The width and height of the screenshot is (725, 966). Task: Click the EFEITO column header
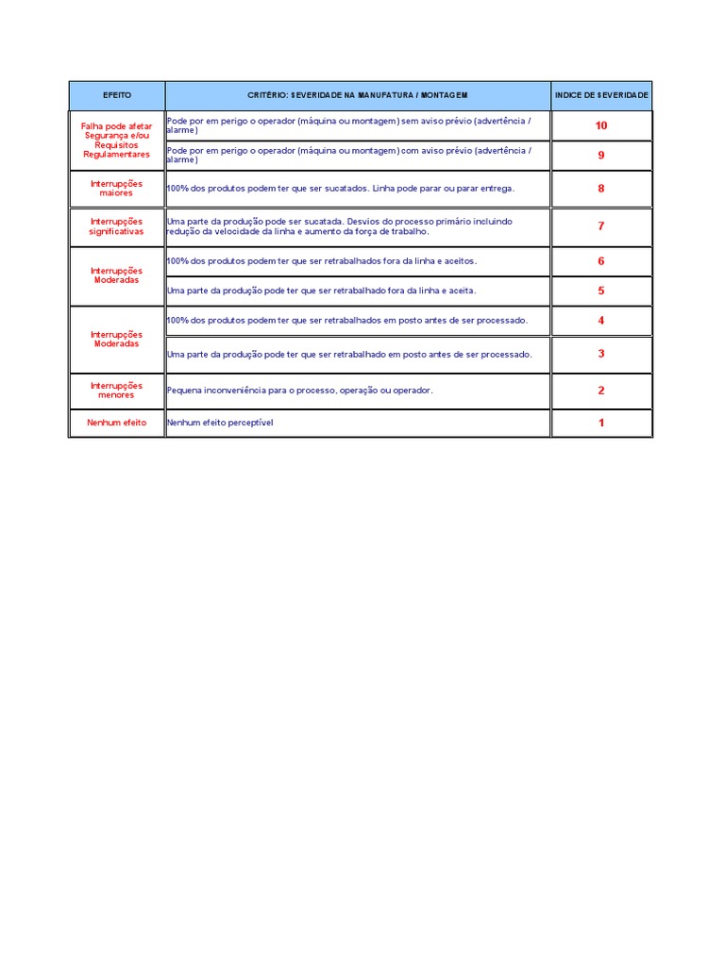point(117,95)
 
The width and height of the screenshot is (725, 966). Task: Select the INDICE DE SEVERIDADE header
point(601,95)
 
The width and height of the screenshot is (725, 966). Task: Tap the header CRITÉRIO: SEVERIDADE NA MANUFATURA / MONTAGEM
point(358,95)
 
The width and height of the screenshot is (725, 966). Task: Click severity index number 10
point(601,125)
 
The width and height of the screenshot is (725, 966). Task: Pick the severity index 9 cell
point(601,156)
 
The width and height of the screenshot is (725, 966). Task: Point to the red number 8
point(601,189)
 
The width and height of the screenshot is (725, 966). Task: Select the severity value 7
point(601,226)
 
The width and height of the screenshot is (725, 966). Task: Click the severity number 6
point(601,261)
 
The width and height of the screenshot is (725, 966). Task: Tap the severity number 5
point(601,291)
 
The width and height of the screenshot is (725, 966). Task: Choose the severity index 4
point(601,321)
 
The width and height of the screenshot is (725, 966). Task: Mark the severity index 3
point(601,354)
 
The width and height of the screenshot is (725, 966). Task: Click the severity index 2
point(601,391)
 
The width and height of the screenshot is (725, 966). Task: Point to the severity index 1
point(601,423)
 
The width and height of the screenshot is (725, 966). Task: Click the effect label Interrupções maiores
point(117,189)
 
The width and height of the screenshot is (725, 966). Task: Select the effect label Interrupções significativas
point(117,226)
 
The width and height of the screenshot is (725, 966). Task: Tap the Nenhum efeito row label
point(117,423)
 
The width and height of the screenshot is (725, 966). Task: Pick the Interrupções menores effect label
point(117,391)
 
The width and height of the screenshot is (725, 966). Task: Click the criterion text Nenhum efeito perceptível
point(220,423)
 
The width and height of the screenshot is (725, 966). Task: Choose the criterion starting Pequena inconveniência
point(300,391)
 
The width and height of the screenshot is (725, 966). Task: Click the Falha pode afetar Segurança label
point(117,140)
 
